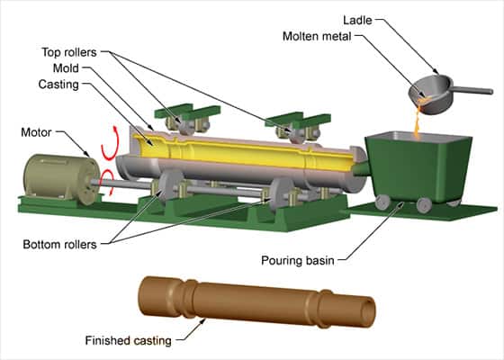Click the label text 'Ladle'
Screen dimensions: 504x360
click(x=357, y=20)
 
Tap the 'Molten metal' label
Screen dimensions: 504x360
click(x=317, y=36)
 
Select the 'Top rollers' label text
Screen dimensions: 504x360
click(x=69, y=52)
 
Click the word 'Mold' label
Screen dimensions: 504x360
click(x=66, y=68)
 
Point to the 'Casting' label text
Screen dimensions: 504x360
click(x=58, y=85)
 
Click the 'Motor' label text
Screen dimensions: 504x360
click(x=36, y=132)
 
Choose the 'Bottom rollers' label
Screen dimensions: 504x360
click(x=59, y=245)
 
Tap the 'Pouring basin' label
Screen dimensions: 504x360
click(x=298, y=260)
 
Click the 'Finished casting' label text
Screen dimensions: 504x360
click(x=128, y=340)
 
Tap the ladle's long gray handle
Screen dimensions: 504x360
click(x=472, y=90)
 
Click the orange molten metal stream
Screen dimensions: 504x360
click(x=418, y=124)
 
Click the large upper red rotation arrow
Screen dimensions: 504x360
click(x=112, y=143)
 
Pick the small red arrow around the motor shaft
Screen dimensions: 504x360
click(x=108, y=182)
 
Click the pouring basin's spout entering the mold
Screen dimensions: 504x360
click(x=361, y=168)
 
